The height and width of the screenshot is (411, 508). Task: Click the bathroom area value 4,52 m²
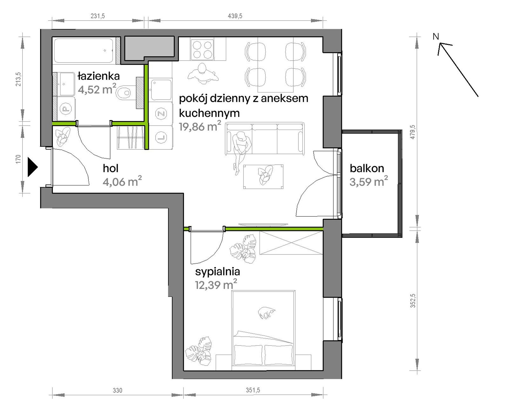(97, 89)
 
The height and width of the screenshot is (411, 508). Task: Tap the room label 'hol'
(110, 168)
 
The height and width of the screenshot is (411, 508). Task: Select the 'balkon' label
(367, 168)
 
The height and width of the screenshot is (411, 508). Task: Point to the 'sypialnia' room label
(217, 272)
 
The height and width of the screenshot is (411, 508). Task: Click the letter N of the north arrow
(436, 37)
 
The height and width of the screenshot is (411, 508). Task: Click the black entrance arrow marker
(33, 167)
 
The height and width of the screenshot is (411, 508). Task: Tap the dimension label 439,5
(235, 16)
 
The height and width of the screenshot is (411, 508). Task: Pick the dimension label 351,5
(253, 390)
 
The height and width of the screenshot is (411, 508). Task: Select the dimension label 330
(117, 390)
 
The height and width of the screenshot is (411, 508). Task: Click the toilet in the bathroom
(124, 93)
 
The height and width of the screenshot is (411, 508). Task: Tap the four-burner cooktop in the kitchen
(202, 49)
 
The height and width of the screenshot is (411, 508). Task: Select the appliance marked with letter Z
(161, 114)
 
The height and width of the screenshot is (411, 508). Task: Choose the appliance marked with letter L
(161, 138)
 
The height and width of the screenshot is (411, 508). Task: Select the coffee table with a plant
(263, 177)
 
